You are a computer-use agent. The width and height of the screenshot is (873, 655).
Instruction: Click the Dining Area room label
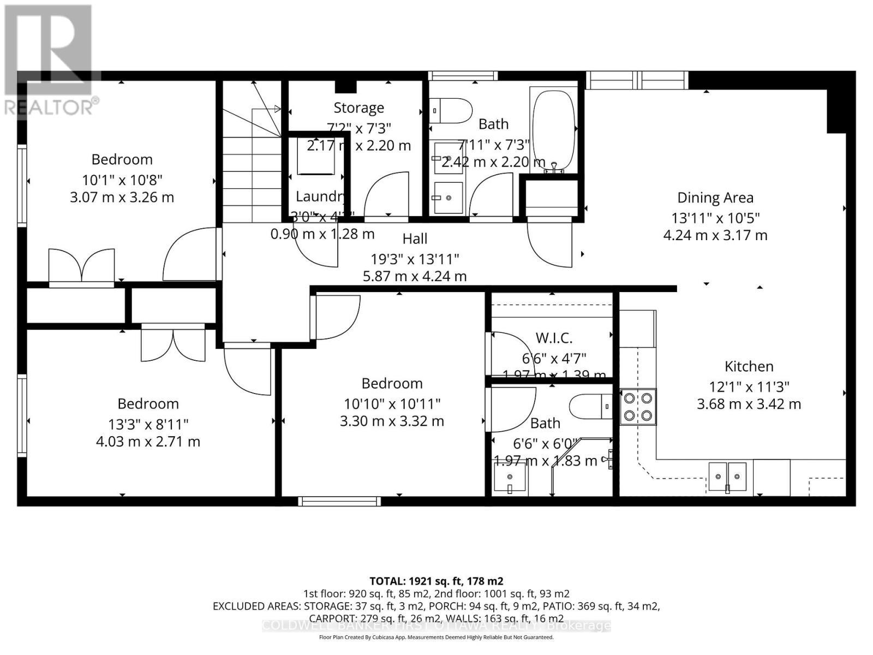[715, 198]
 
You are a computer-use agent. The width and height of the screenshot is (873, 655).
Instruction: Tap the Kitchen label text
[749, 366]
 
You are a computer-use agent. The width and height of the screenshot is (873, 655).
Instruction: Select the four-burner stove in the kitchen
[638, 407]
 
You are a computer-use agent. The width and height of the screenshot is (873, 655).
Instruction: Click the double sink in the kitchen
[727, 471]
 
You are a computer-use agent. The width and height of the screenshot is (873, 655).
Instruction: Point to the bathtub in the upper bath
[553, 131]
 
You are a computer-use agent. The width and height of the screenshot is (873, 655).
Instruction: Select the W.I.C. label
[554, 338]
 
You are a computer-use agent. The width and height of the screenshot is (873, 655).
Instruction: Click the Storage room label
[358, 108]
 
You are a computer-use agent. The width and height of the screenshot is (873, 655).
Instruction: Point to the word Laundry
[320, 196]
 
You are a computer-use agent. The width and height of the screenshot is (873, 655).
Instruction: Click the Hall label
[415, 239]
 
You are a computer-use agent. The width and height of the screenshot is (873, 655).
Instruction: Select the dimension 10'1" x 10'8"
[122, 180]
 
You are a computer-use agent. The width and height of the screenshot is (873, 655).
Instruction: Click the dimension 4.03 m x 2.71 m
[148, 441]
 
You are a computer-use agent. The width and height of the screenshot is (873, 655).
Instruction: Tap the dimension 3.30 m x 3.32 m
[392, 421]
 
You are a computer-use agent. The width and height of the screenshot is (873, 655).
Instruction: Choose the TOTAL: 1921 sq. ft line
[436, 581]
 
